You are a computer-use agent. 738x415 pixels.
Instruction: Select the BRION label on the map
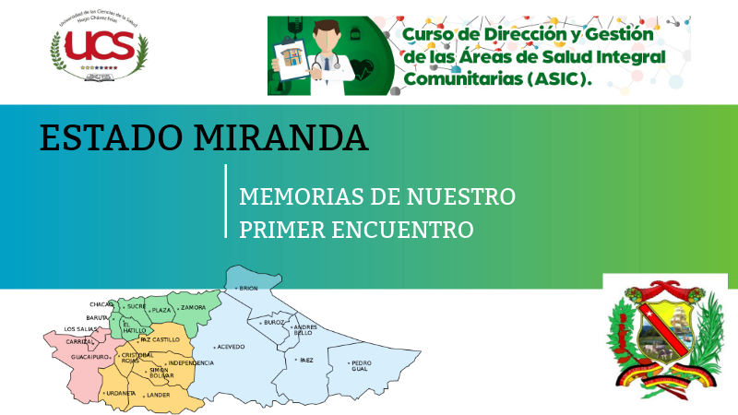[248, 289]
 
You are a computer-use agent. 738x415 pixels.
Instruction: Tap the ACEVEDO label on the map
[231, 346]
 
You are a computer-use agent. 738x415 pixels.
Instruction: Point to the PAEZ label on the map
[306, 360]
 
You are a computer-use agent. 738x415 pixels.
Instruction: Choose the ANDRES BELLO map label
[304, 329]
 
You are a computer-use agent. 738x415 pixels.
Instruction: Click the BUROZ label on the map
[274, 323]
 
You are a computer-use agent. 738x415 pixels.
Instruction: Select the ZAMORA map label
[193, 307]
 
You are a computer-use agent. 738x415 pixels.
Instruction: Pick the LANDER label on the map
[158, 395]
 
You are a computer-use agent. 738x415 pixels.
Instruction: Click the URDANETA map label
[121, 393]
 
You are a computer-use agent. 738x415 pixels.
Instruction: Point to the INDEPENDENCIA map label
[191, 362]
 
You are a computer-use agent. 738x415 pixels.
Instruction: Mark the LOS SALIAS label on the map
[79, 329]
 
